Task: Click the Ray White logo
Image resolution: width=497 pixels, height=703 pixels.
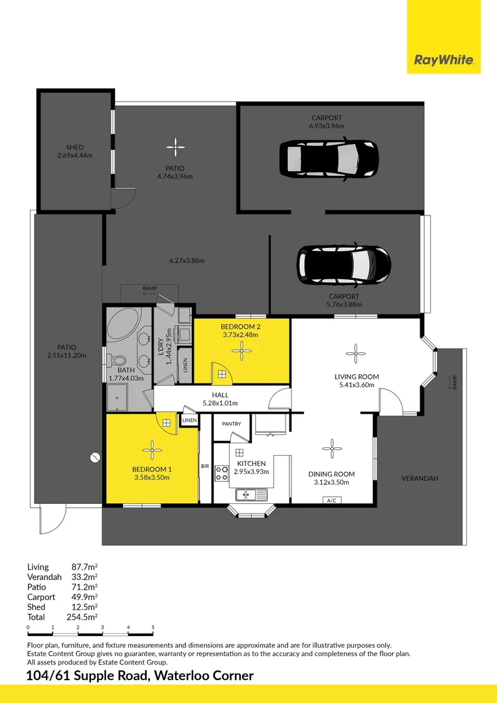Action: pos(444,61)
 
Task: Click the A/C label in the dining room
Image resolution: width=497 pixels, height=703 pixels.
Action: pos(332,500)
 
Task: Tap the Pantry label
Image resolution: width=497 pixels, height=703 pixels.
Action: pos(231,424)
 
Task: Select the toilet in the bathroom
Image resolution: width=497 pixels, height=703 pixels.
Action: pos(118,359)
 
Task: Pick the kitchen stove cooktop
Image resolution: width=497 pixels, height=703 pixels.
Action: pos(222,473)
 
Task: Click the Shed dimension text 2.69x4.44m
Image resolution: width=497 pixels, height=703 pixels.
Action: pos(75,156)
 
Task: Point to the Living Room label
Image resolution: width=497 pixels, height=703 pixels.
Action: pos(356,376)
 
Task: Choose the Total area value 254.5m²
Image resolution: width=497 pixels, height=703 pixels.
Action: pos(84,616)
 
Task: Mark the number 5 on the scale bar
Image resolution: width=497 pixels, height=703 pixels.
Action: pos(153,627)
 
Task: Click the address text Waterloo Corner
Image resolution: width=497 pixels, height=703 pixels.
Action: pos(204,676)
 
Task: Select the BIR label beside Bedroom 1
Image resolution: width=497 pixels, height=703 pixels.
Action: pos(204,466)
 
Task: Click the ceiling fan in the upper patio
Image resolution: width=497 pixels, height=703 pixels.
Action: pos(174,146)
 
